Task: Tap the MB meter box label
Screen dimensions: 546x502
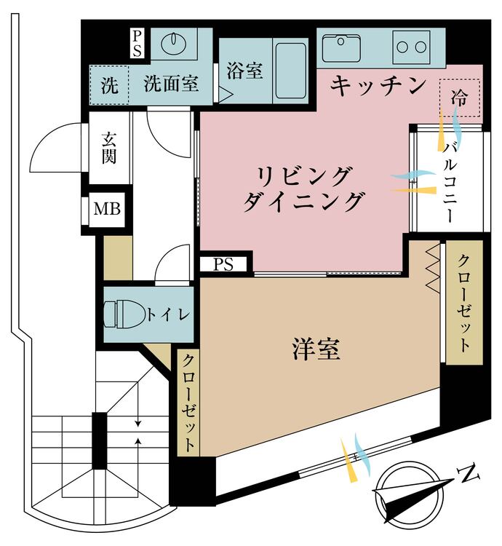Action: tap(107, 211)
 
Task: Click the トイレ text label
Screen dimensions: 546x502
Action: tap(169, 314)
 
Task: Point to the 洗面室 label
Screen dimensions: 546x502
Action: tap(171, 84)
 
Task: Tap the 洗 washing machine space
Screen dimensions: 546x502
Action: tap(108, 85)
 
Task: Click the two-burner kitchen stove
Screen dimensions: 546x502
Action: tap(411, 47)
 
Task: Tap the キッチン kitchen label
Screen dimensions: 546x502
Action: tap(378, 85)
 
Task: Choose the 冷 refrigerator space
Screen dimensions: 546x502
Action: tap(460, 97)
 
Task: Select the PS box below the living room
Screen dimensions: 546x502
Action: tap(223, 264)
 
